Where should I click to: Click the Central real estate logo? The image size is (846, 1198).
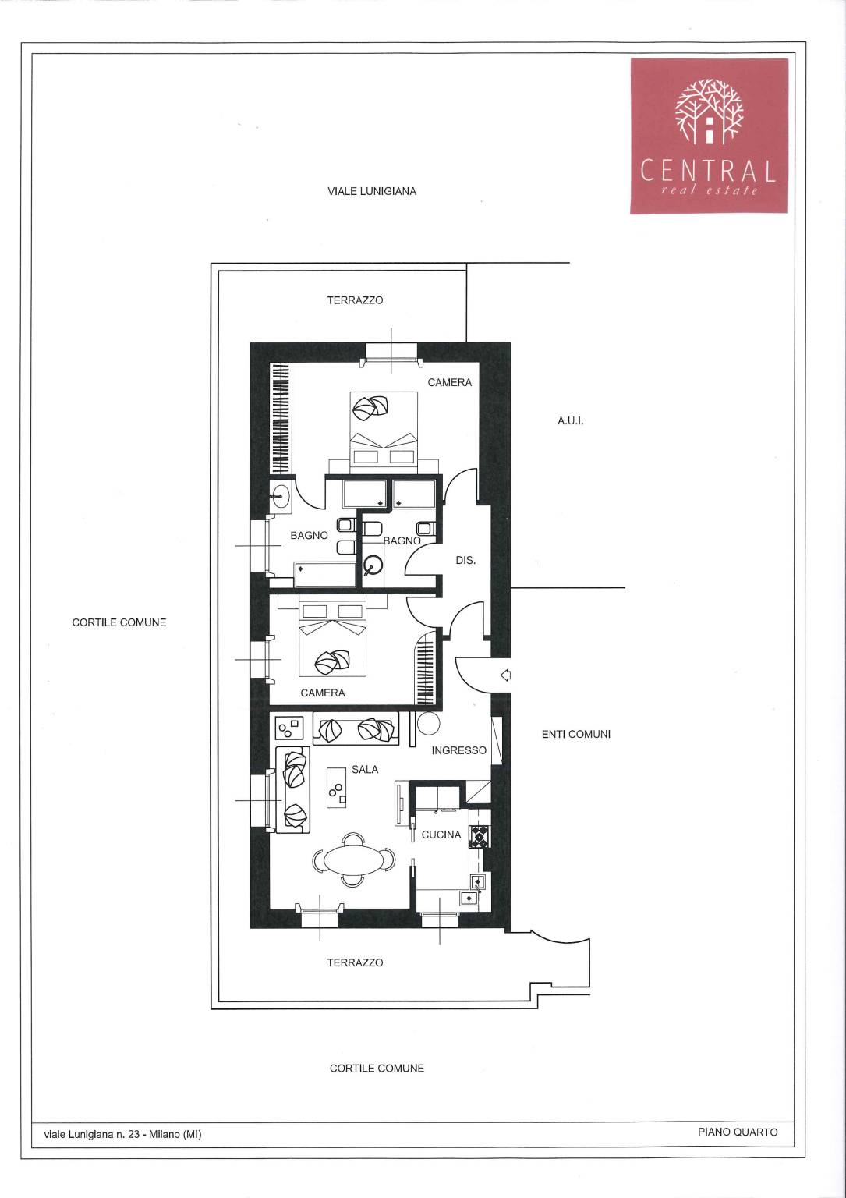tap(709, 136)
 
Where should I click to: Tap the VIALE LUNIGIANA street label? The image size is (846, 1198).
tap(372, 191)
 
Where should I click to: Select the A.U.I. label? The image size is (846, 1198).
tap(570, 421)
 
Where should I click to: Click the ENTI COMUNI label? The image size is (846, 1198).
tap(576, 734)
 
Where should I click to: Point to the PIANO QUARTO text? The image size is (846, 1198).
tap(738, 1132)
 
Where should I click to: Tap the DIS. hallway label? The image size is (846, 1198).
tap(465, 561)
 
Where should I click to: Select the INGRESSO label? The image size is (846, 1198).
tap(458, 750)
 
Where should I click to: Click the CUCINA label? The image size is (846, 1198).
tap(441, 835)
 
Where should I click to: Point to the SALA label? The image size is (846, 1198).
tap(365, 769)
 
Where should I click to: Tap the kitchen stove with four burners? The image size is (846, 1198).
tap(480, 836)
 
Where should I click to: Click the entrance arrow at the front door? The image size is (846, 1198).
tap(505, 675)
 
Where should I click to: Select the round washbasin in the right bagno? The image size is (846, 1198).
tap(373, 564)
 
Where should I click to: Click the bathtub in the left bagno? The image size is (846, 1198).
tap(324, 574)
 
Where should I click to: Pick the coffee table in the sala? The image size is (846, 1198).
tap(336, 787)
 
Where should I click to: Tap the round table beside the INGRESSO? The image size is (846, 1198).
tap(428, 724)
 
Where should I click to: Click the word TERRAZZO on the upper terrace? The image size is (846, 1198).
tap(355, 300)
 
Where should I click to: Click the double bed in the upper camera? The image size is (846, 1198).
tap(384, 431)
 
